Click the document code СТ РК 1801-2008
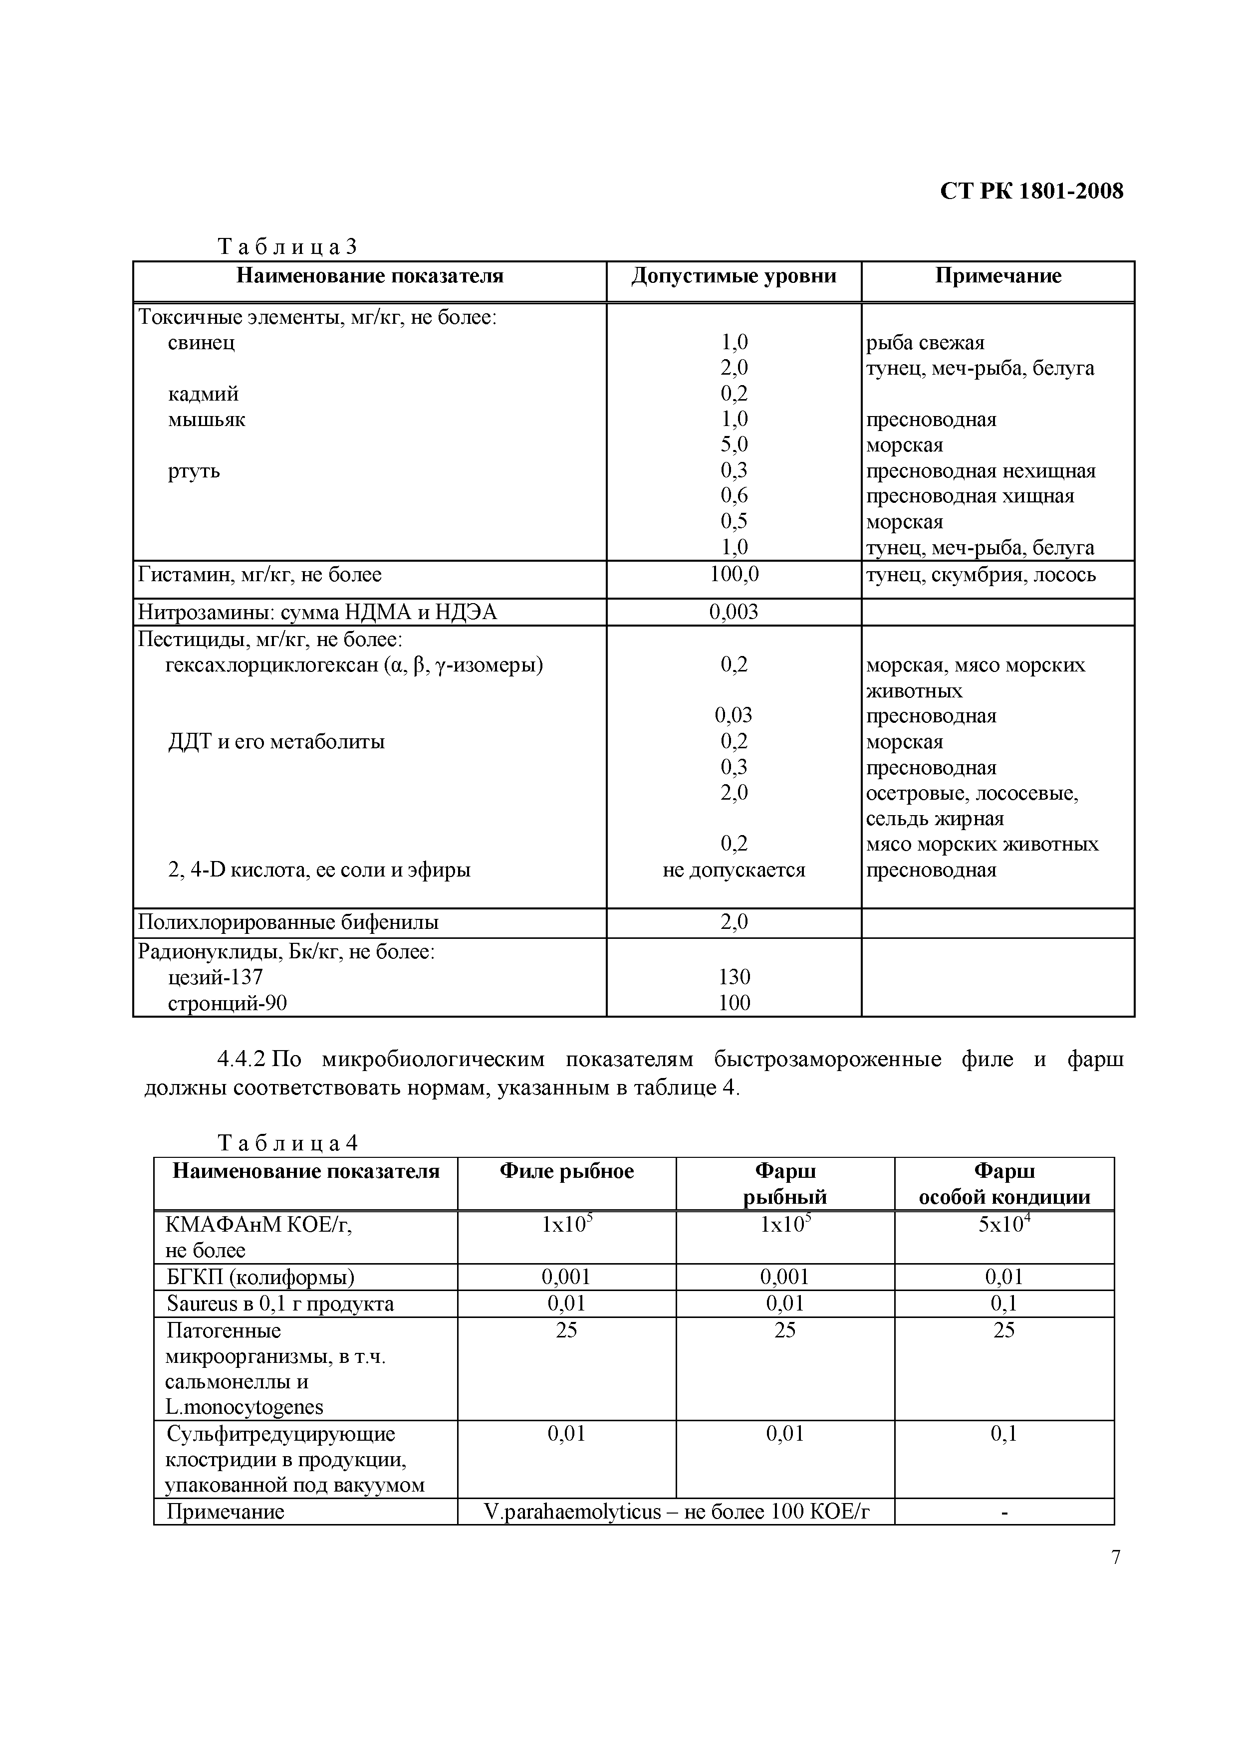pos(1031,191)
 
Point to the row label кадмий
pos(204,394)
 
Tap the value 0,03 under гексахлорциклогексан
pos(734,715)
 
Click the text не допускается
pos(734,870)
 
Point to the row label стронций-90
pos(227,1003)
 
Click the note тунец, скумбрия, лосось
pos(981,575)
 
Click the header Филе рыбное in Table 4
pos(567,1171)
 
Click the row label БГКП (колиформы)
pos(260,1277)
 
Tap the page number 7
pos(1116,1557)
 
